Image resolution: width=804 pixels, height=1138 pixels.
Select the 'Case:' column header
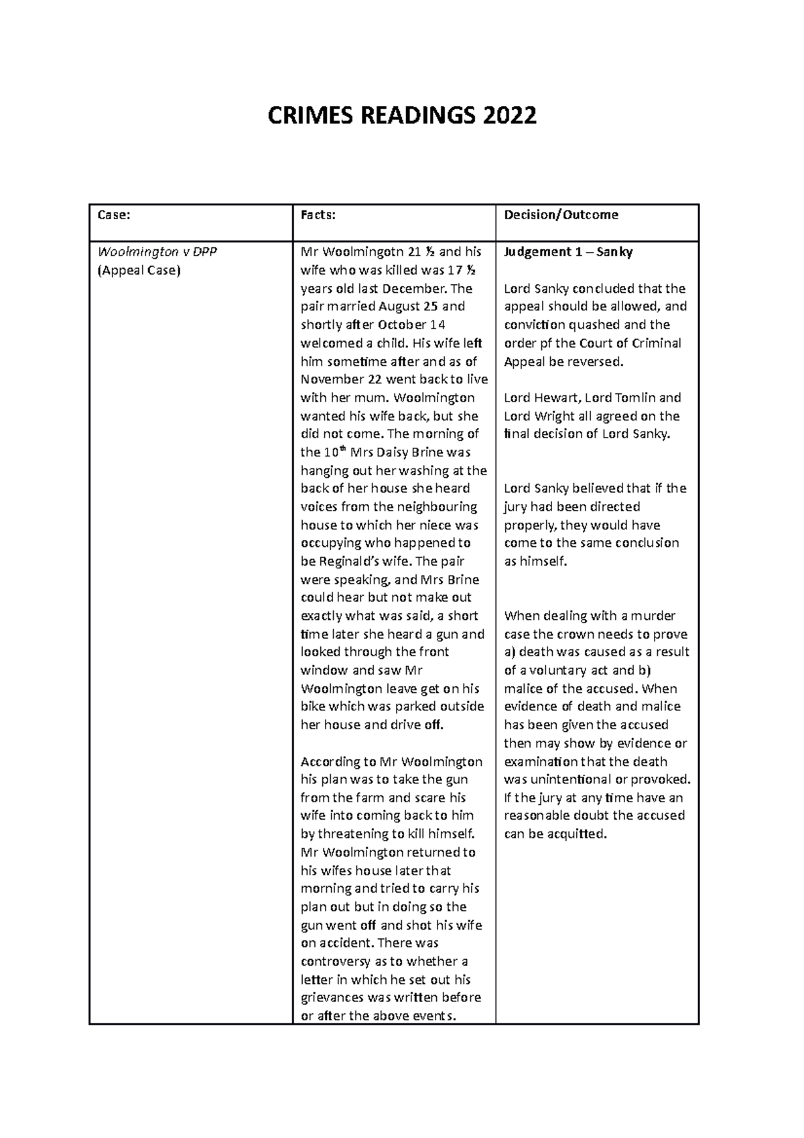114,215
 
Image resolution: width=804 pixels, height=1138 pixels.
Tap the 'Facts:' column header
318,215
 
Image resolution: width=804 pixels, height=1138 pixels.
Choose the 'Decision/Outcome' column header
561,215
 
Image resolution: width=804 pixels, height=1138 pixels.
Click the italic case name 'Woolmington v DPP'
157,252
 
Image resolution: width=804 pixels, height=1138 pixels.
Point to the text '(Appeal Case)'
139,271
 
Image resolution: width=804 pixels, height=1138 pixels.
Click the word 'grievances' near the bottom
333,998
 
